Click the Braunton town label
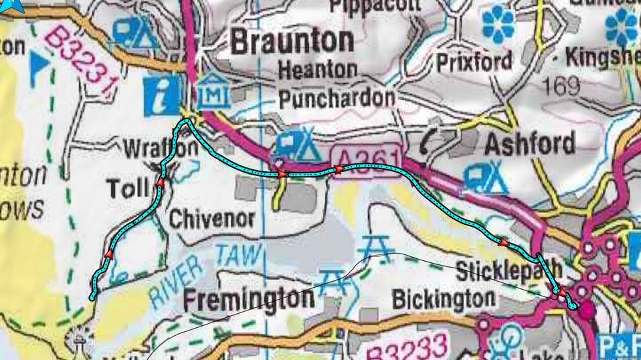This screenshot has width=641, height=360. pyautogui.click(x=292, y=41)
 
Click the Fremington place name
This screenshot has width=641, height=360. pyautogui.click(x=248, y=298)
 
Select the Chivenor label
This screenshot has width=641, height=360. pyautogui.click(x=211, y=219)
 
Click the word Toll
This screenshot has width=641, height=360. pyautogui.click(x=127, y=189)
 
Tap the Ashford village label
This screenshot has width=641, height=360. pyautogui.click(x=529, y=143)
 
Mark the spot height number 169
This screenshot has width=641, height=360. pyautogui.click(x=562, y=85)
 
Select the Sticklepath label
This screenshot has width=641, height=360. pyautogui.click(x=508, y=271)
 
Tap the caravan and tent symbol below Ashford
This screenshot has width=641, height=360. pyautogui.click(x=488, y=177)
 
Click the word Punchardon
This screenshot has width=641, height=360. pyautogui.click(x=337, y=98)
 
